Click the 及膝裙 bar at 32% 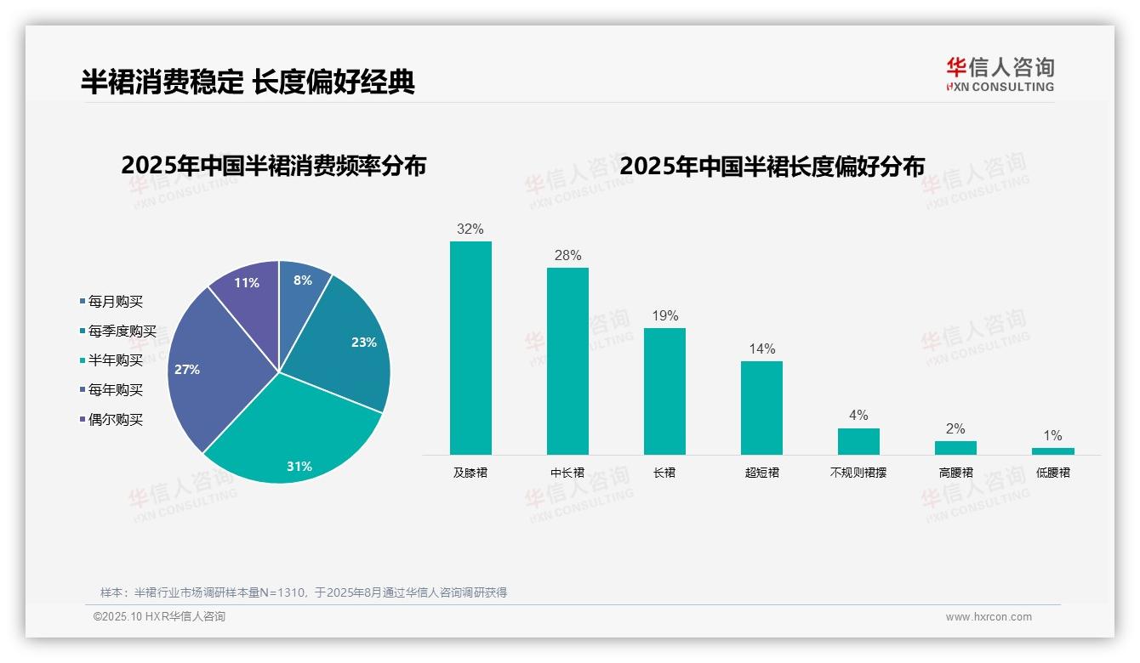point(470,348)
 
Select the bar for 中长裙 point(567,361)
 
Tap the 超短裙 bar point(761,408)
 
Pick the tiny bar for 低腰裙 point(1052,451)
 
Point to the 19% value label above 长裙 point(664,316)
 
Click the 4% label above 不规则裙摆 point(858,416)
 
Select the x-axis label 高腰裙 point(955,473)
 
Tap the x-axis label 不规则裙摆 point(858,473)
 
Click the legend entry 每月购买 point(115,302)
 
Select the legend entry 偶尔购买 point(115,420)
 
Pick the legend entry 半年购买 point(115,360)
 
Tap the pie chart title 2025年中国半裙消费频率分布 point(273,166)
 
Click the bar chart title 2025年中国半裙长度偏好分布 point(772,166)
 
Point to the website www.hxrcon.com point(989,617)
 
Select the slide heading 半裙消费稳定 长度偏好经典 point(248,82)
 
